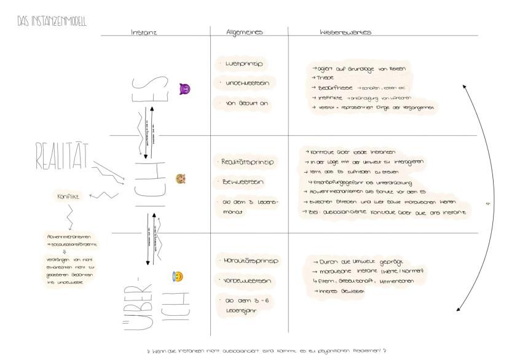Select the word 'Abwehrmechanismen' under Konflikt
tap(66, 235)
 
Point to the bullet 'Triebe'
tap(322, 78)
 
